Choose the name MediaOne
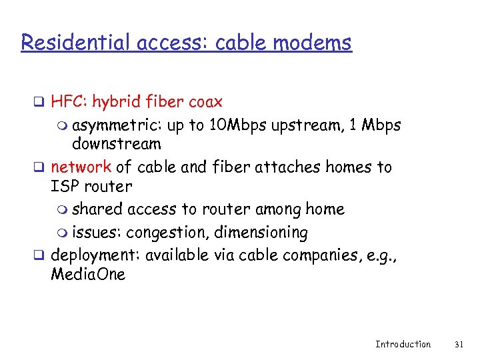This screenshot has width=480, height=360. click(x=88, y=274)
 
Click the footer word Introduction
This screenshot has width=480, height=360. click(x=403, y=344)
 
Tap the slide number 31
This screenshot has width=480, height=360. click(x=458, y=344)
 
